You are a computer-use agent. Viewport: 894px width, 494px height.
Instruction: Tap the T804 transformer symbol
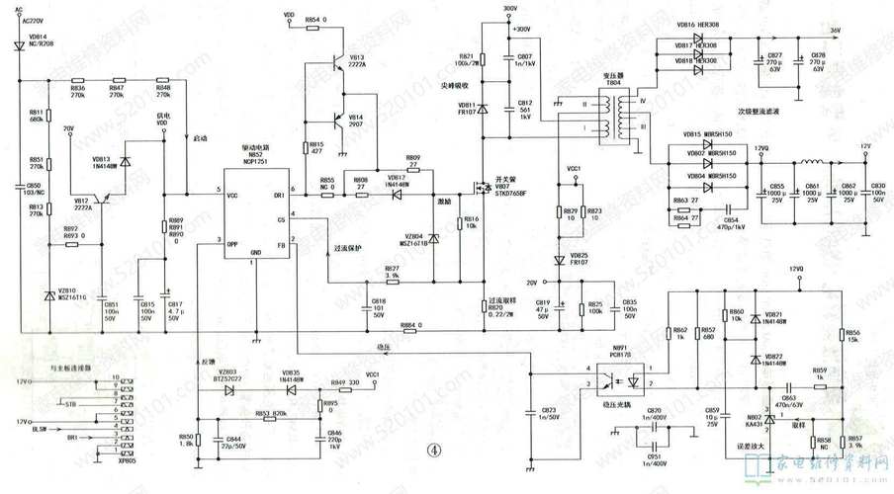[619, 114]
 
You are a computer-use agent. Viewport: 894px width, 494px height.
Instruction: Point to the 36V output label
[835, 31]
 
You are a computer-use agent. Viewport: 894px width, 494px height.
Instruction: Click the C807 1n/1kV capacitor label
[524, 61]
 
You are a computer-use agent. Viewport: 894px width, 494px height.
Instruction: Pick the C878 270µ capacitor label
[817, 61]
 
